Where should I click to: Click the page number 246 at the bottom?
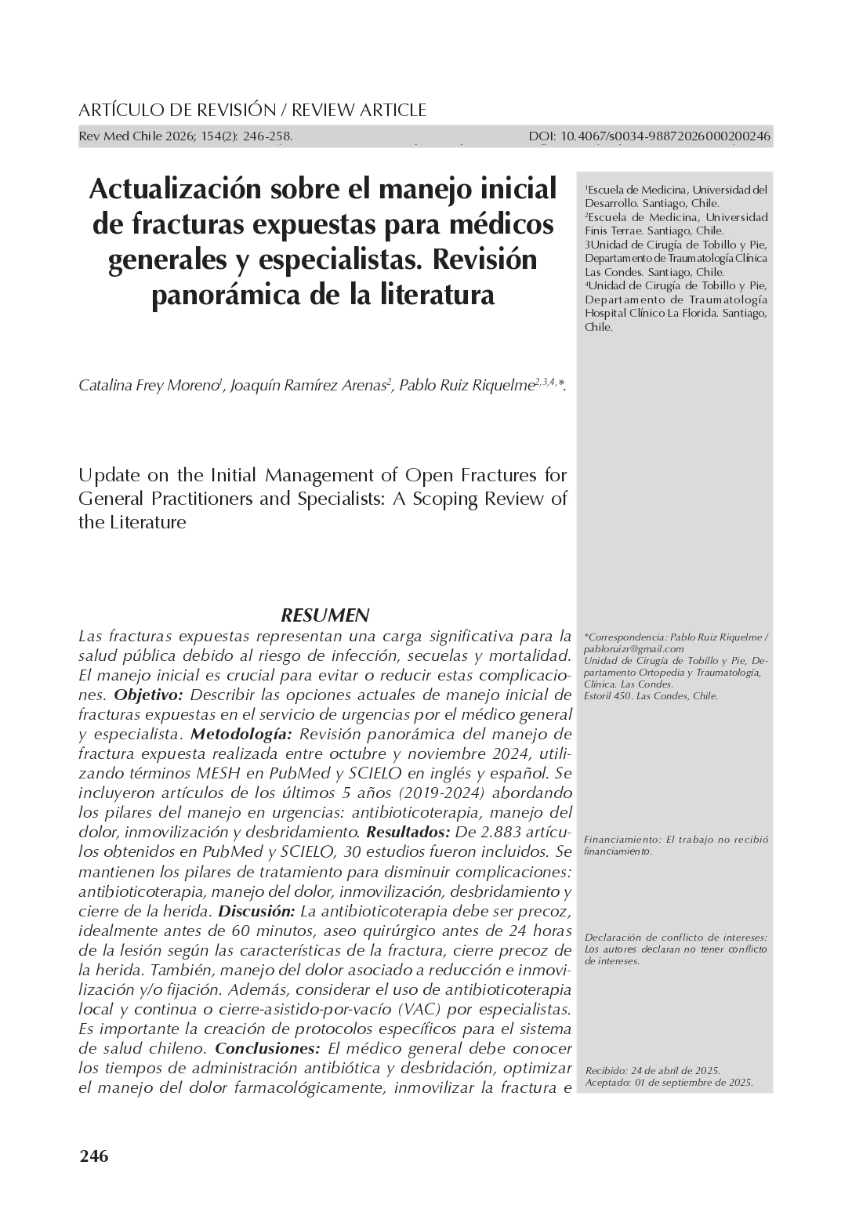click(94, 1156)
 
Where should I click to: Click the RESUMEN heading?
click(324, 615)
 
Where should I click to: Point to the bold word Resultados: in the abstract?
click(408, 832)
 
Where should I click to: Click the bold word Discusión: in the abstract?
click(256, 911)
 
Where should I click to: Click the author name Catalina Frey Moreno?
click(149, 386)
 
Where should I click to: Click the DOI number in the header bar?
click(649, 137)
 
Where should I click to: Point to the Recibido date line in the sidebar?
click(652, 1071)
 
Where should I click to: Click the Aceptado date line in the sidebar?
click(669, 1083)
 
